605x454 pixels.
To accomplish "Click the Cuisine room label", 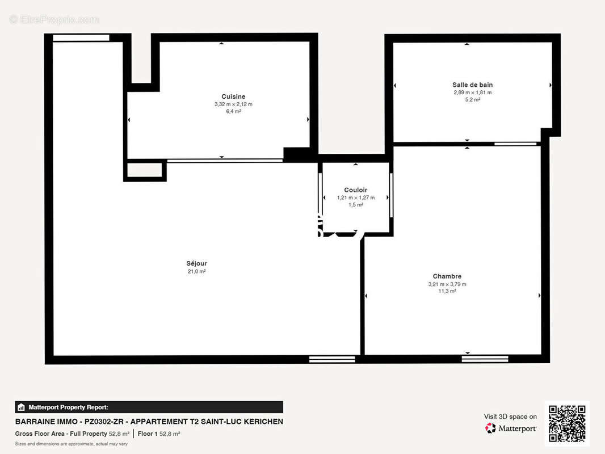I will tap(233, 96).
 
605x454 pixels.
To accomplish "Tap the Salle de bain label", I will tap(472, 85).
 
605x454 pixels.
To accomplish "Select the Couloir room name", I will tap(356, 190).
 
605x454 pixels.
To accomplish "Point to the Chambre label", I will tap(447, 276).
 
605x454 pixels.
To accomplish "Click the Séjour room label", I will tap(196, 263).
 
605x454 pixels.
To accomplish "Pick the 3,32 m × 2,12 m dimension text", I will tap(233, 104).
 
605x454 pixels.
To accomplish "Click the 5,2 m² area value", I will tap(472, 99).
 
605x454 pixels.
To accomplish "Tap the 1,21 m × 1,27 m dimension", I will tap(356, 197).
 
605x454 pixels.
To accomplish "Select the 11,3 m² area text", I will tap(447, 291).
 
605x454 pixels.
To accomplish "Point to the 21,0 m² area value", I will tap(196, 271).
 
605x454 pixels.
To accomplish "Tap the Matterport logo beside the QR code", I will tap(511, 428).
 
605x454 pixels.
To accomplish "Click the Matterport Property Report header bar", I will tap(149, 407).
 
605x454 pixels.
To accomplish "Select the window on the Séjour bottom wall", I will tap(332, 359).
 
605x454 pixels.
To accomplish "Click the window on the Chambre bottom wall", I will tap(485, 359).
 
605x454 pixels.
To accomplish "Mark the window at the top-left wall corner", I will tap(81, 38).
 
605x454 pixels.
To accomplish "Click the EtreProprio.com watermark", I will tap(54, 19).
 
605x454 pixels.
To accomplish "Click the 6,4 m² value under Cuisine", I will tap(233, 112).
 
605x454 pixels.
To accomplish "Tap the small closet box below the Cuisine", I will tap(145, 170).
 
